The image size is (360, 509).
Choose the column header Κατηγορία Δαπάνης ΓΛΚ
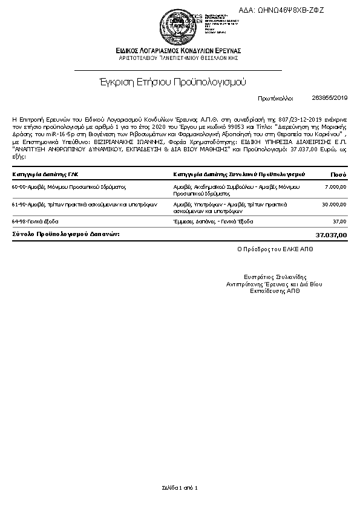[45, 174]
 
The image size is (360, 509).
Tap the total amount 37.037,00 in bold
[332, 234]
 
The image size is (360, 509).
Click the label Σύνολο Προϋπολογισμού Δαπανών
[66, 234]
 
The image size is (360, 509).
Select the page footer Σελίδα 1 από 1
[180, 487]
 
